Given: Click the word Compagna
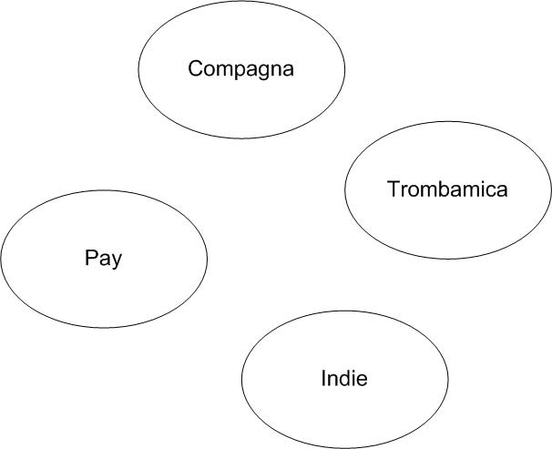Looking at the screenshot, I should pyautogui.click(x=241, y=69).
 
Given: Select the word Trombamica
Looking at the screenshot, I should pyautogui.click(x=447, y=189).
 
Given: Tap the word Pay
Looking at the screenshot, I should pyautogui.click(x=103, y=258).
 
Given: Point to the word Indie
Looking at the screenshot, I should pyautogui.click(x=344, y=379).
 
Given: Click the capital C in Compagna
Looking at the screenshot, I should pyautogui.click(x=195, y=69).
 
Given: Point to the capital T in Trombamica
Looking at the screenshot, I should pyautogui.click(x=394, y=189).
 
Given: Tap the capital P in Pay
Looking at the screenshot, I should pyautogui.click(x=91, y=258).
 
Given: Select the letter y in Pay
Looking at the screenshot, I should pyautogui.click(x=116, y=260).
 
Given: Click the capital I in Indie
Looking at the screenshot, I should pyautogui.click(x=323, y=379).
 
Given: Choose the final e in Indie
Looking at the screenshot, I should pyautogui.click(x=363, y=380).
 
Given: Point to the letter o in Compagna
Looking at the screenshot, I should pyautogui.click(x=209, y=70).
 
